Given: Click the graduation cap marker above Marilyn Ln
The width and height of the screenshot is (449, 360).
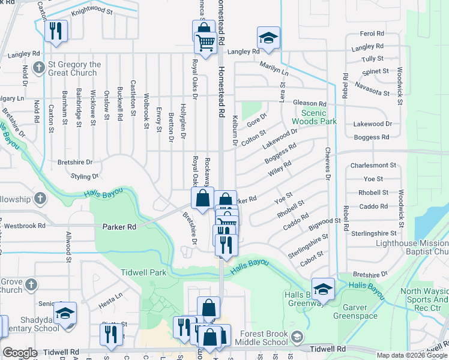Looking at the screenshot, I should click(x=268, y=38).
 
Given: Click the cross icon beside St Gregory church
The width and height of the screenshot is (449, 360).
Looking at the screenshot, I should click(x=40, y=67).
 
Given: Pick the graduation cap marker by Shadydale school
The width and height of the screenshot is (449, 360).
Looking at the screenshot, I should click(x=65, y=313).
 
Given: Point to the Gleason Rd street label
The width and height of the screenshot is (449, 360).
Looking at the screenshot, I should click(x=309, y=103).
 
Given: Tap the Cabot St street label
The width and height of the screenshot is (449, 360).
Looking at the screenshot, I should click(x=312, y=254).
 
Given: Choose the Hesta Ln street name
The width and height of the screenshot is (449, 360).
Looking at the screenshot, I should click(x=110, y=296).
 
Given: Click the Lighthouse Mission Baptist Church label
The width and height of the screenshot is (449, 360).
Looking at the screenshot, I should click(x=412, y=247).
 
